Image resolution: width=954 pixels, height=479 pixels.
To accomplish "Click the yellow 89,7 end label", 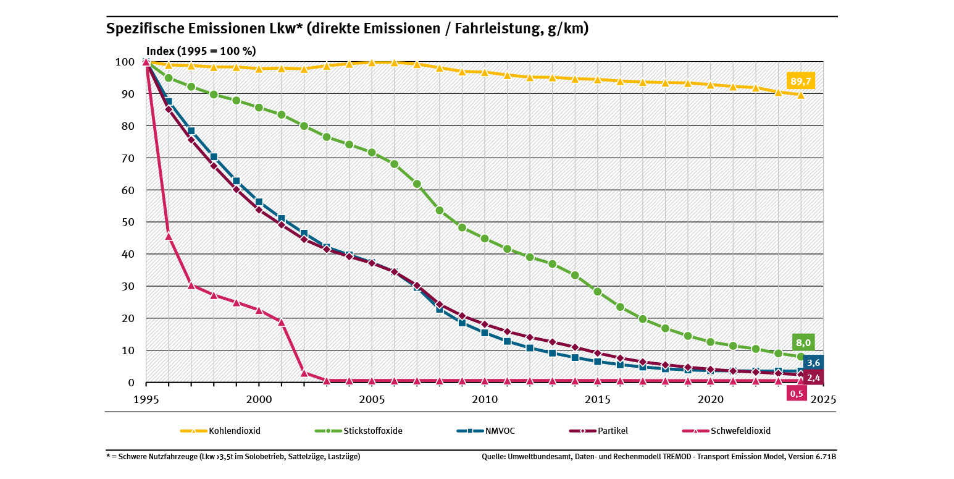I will click(801, 80).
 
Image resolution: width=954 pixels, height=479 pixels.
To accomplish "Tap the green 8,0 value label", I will click(803, 342).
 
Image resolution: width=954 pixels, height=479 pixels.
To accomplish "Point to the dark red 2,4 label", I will click(813, 377).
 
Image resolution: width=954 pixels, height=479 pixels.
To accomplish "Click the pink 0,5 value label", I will click(797, 393).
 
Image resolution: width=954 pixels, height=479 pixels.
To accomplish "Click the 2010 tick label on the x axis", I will click(485, 399).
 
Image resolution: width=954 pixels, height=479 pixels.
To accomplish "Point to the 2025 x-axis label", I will click(824, 399).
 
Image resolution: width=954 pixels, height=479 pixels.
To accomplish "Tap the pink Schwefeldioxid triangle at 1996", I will click(169, 235).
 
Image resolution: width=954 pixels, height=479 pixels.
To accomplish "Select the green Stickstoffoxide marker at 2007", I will click(417, 184).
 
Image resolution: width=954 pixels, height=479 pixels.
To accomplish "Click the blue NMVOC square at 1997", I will click(191, 131).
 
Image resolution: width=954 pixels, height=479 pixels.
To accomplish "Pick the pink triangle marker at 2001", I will click(282, 321).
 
